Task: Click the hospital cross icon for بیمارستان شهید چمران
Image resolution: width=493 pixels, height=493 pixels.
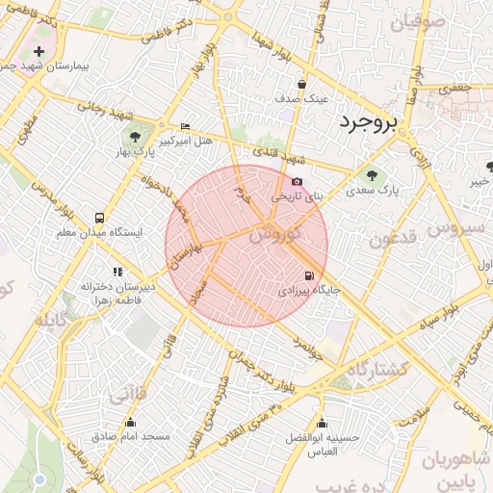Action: click(39, 50)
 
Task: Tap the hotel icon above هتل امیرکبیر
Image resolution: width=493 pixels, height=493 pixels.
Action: click(186, 127)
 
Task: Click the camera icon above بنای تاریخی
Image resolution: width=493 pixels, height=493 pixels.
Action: click(297, 181)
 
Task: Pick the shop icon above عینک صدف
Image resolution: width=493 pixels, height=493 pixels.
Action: click(302, 84)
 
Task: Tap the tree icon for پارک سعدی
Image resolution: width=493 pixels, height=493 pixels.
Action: click(373, 175)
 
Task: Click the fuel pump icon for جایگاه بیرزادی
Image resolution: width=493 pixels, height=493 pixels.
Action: click(310, 274)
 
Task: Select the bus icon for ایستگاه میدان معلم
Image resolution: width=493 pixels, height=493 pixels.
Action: click(101, 218)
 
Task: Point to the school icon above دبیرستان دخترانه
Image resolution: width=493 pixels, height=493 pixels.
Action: click(117, 272)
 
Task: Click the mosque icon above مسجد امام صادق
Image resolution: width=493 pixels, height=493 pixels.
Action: click(131, 422)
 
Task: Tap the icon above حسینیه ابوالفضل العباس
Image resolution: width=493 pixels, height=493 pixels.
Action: click(323, 423)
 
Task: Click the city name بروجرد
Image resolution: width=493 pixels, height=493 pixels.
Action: click(369, 122)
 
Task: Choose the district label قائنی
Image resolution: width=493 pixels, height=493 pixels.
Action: click(129, 395)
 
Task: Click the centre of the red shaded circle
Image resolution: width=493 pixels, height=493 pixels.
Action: click(246, 246)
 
